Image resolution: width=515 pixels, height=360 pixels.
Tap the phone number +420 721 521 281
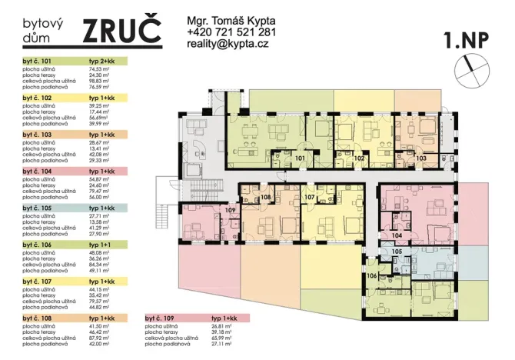click(231, 32)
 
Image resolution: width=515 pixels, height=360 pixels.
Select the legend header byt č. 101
click(37, 61)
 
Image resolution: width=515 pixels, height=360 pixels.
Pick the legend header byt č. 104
click(37, 171)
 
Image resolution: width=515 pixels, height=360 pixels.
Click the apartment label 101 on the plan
click(301, 158)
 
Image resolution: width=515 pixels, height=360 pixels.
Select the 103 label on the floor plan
click(420, 158)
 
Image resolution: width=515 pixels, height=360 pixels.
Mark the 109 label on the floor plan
click(229, 209)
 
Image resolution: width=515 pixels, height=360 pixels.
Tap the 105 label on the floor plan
click(397, 252)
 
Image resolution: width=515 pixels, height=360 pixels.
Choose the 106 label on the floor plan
click(371, 275)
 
